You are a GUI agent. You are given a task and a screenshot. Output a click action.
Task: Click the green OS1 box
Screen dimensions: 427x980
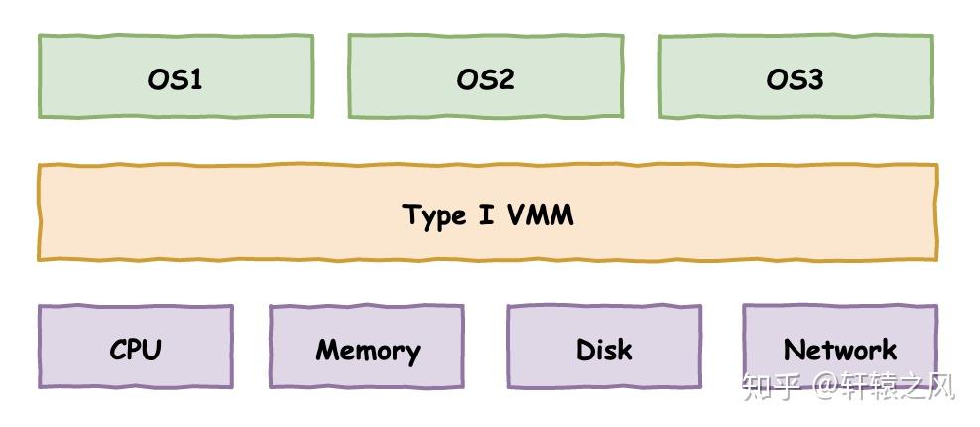tap(176, 77)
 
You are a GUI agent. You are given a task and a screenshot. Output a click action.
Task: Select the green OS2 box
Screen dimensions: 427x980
tap(485, 77)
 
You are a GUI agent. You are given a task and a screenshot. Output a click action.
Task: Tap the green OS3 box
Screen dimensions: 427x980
tap(795, 77)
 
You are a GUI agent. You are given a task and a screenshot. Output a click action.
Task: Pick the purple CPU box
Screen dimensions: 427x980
tap(135, 348)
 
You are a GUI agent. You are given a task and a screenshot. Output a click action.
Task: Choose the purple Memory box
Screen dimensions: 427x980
tap(366, 348)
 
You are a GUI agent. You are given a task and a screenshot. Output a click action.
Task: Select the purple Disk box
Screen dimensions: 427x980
tap(603, 348)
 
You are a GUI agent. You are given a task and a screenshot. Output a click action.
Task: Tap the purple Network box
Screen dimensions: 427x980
tap(839, 348)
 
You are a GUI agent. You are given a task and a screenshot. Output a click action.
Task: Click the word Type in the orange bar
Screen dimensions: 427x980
tap(433, 215)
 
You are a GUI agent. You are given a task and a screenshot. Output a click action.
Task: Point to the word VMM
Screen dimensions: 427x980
tap(540, 214)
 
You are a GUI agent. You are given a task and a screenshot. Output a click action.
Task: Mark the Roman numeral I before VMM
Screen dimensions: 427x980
tap(486, 214)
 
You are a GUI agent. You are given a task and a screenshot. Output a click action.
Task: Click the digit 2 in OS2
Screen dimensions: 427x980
tap(506, 78)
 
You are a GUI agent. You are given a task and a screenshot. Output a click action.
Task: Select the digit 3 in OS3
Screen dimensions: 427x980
tap(814, 78)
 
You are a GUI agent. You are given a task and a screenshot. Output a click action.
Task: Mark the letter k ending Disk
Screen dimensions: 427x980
tap(624, 350)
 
